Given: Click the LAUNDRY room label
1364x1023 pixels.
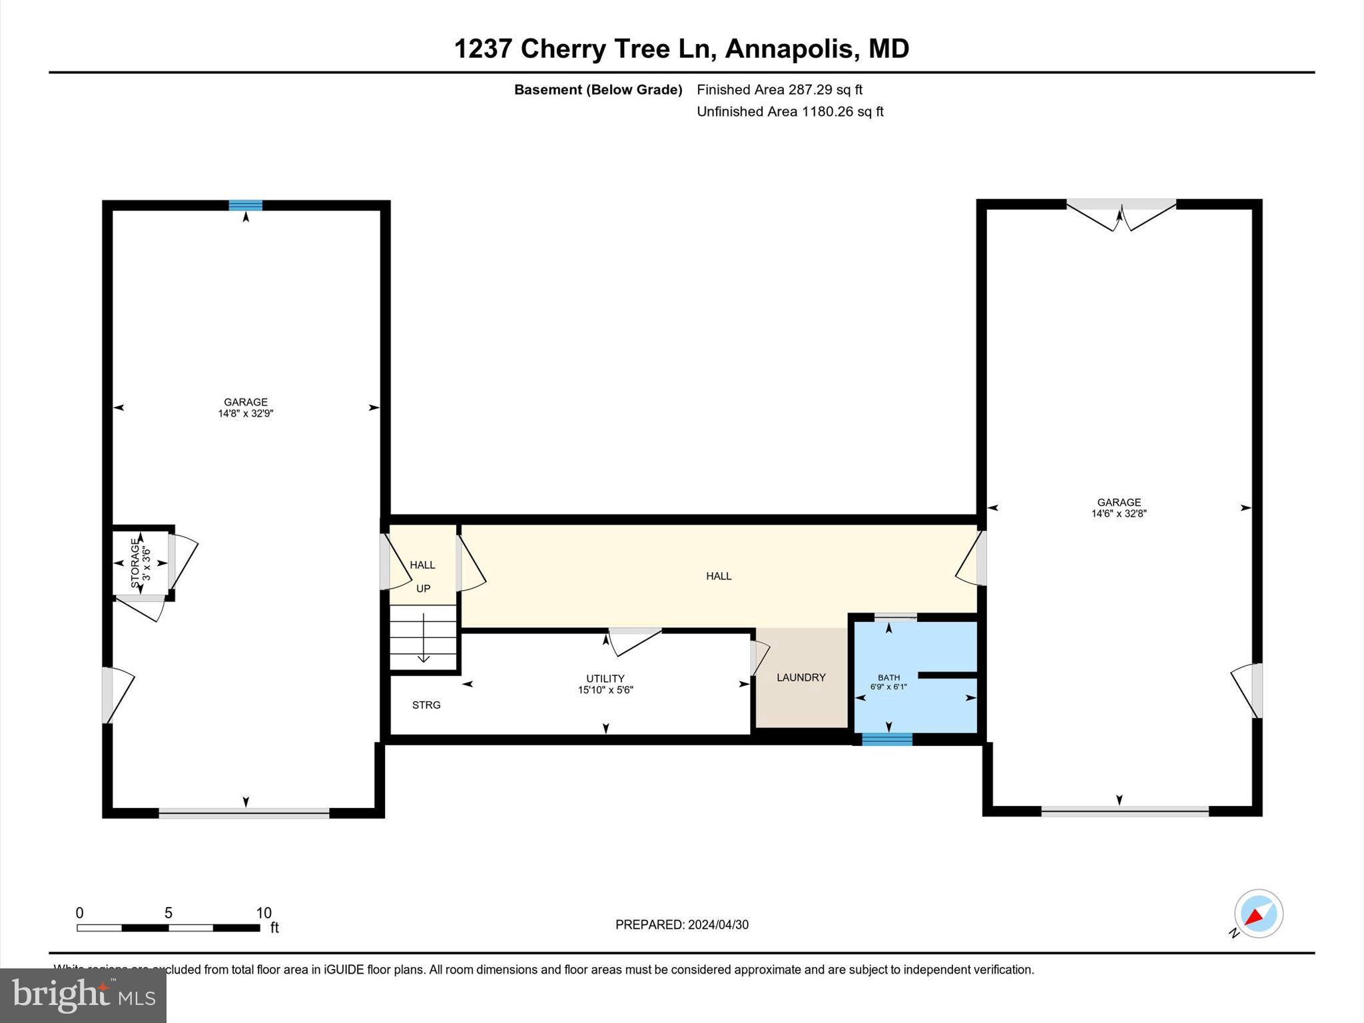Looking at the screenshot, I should pyautogui.click(x=801, y=677).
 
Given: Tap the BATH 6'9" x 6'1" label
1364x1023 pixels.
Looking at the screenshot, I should pyautogui.click(x=888, y=682).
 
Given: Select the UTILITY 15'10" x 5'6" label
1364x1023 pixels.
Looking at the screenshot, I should pyautogui.click(x=605, y=685).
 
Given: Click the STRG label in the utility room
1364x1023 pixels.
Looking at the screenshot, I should pyautogui.click(x=426, y=705).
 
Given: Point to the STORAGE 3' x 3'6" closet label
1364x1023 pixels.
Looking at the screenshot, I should pyautogui.click(x=141, y=563).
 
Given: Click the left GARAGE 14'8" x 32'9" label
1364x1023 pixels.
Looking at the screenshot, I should pyautogui.click(x=246, y=408).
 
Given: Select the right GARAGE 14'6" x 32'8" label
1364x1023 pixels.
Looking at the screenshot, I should pyautogui.click(x=1119, y=508).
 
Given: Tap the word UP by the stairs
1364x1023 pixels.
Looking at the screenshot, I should pyautogui.click(x=424, y=589).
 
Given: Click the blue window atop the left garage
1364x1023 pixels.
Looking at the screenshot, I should pyautogui.click(x=246, y=205).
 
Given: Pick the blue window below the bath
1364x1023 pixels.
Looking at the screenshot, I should pyautogui.click(x=887, y=739).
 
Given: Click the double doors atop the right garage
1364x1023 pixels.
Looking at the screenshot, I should pyautogui.click(x=1122, y=213).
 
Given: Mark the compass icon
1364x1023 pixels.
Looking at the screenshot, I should pyautogui.click(x=1258, y=914).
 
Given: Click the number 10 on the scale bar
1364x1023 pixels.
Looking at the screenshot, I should pyautogui.click(x=264, y=913).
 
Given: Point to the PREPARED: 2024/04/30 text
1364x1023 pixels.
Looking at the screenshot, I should pyautogui.click(x=682, y=924).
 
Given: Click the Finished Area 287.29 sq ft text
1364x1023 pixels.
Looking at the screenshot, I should pyautogui.click(x=779, y=90).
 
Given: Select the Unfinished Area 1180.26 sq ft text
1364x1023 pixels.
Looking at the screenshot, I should pyautogui.click(x=790, y=112).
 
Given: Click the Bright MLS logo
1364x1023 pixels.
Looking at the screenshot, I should pyautogui.click(x=83, y=995).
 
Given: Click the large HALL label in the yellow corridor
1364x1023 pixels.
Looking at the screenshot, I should pyautogui.click(x=719, y=576).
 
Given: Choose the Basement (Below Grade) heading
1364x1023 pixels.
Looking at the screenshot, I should pyautogui.click(x=598, y=90).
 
